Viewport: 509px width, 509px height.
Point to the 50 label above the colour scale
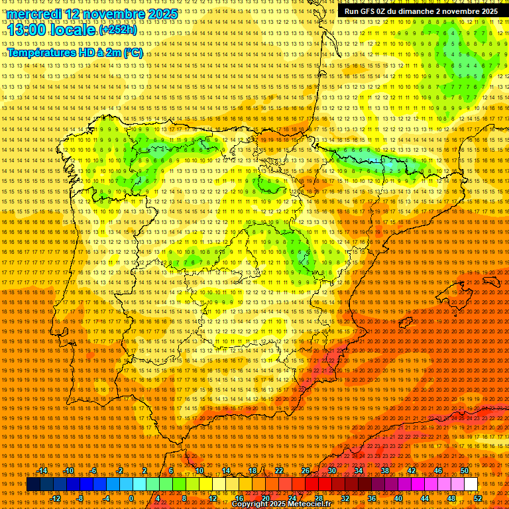[464, 471]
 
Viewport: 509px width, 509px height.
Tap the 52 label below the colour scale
[478, 498]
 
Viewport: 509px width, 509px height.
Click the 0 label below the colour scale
[132, 498]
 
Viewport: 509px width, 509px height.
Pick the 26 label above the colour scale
[306, 471]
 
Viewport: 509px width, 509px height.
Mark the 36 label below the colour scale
[371, 498]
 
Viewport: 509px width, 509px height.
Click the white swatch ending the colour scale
[471, 484]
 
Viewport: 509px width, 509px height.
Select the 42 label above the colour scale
[411, 471]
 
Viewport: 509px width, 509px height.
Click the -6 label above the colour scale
[95, 471]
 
